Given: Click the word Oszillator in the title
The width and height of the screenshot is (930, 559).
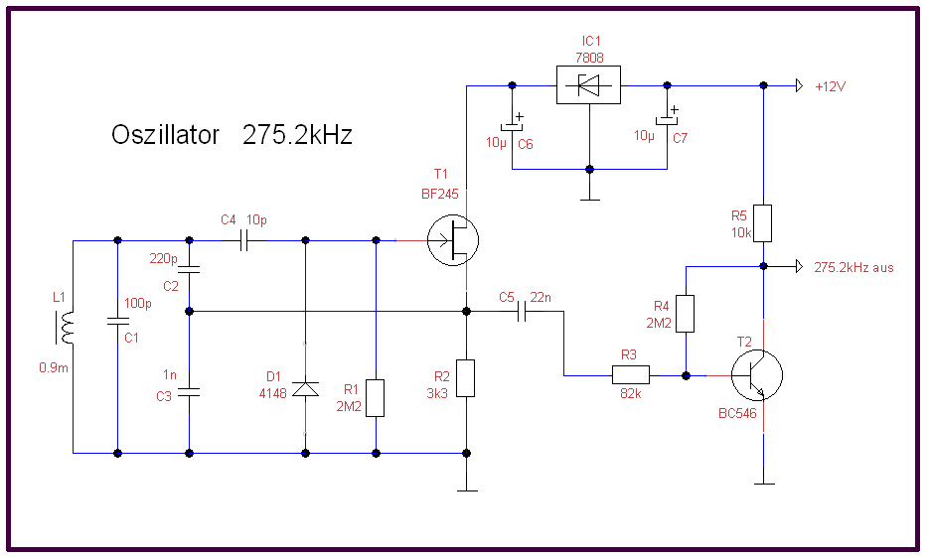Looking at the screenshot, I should (x=165, y=136).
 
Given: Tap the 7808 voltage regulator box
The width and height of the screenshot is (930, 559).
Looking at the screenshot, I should (x=586, y=86).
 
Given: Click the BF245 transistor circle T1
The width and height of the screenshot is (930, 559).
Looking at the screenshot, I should (x=453, y=240).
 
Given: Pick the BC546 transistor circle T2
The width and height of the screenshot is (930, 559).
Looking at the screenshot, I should (x=755, y=376).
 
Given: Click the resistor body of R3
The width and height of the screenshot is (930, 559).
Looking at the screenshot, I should (x=630, y=374).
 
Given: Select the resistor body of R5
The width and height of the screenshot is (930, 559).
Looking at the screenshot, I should (x=763, y=223).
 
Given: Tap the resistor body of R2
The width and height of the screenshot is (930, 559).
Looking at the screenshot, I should (x=466, y=378).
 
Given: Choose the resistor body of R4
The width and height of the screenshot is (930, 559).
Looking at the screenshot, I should (x=686, y=313).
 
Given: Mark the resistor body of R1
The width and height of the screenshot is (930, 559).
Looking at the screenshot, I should (x=376, y=397).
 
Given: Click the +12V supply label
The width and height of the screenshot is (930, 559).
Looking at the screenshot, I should (x=830, y=86).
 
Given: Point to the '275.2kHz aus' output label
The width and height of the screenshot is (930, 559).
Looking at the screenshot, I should (x=853, y=267).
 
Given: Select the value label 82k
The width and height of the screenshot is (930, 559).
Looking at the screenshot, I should (x=629, y=393).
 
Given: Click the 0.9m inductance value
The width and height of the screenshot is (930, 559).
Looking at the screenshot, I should (x=53, y=367).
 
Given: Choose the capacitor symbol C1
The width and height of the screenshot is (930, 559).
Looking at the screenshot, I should (x=117, y=321).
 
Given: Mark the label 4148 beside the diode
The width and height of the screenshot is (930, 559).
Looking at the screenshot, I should (x=272, y=393).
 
